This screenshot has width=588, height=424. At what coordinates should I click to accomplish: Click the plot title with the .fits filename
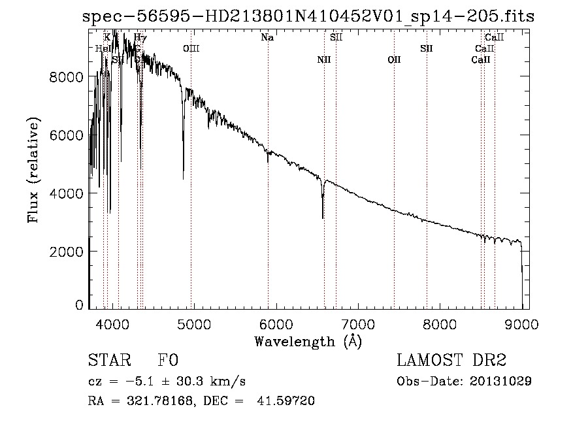click(308, 16)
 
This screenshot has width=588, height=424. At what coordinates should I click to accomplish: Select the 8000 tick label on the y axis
click(67, 77)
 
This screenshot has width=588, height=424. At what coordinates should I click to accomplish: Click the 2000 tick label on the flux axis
click(67, 252)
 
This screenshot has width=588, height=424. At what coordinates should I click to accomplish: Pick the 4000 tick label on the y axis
click(67, 193)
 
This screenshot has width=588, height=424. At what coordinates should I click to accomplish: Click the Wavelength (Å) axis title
click(308, 341)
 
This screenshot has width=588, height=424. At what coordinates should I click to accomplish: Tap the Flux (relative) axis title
click(33, 170)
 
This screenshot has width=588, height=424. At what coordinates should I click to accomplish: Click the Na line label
click(267, 38)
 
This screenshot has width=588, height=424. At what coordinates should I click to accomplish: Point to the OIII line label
click(191, 49)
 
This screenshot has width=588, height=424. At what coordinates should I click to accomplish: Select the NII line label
click(324, 60)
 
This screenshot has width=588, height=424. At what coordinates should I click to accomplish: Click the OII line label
click(394, 60)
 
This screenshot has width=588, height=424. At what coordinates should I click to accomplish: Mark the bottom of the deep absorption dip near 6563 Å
click(323, 218)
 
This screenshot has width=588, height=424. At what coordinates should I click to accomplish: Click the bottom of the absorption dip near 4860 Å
click(183, 178)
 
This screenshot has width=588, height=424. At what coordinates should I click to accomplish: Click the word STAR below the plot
click(108, 361)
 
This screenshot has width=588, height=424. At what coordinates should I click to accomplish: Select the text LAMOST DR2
click(451, 361)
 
